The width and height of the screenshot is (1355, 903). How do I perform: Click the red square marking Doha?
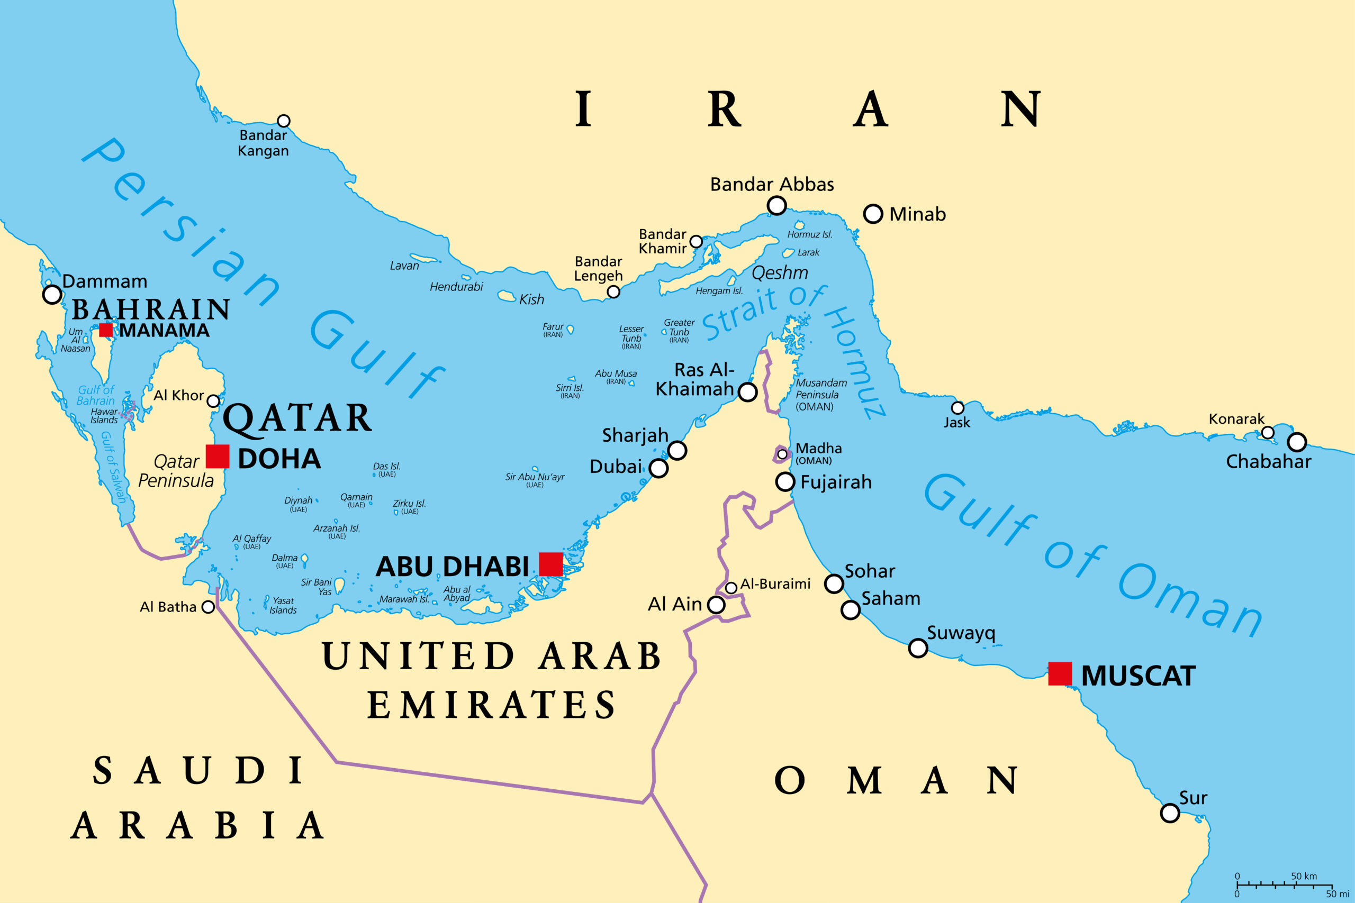[x=217, y=456]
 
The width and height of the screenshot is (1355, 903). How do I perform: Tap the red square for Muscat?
[x=1060, y=673]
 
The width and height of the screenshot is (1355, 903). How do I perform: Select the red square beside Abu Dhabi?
[x=551, y=564]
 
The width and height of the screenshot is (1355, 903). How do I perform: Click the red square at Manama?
[x=105, y=330]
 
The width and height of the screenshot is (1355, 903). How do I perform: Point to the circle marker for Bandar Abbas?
[x=776, y=205]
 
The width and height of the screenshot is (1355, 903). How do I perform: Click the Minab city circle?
[x=873, y=214]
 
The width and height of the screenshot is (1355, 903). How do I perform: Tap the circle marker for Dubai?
[x=658, y=468]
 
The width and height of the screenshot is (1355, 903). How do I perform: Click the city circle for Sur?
[x=1170, y=813]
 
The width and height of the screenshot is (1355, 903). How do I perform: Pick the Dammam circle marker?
[x=52, y=294]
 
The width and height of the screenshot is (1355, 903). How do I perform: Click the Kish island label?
[x=531, y=299]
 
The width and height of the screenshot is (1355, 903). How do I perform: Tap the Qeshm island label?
[x=780, y=272]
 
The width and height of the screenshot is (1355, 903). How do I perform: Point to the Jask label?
[x=956, y=422]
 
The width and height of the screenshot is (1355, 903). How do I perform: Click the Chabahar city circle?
[x=1297, y=442]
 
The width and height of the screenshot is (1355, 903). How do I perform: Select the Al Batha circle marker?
[x=208, y=607]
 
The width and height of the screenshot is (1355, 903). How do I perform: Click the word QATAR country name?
[x=297, y=418]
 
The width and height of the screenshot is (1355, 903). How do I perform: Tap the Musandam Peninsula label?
[x=821, y=395]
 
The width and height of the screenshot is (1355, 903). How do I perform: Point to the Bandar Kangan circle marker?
[x=284, y=121]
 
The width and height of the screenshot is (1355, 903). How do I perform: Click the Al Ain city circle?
[x=716, y=605]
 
